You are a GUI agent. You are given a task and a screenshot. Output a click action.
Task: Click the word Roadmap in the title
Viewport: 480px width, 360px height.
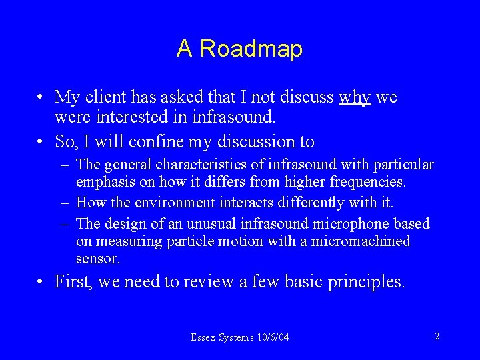tap(251, 49)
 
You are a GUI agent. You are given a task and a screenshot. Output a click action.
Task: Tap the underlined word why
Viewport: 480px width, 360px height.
tap(355, 98)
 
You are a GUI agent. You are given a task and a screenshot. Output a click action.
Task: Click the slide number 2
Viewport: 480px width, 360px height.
tap(437, 337)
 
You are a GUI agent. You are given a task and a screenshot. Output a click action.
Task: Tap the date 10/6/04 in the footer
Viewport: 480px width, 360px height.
tap(273, 337)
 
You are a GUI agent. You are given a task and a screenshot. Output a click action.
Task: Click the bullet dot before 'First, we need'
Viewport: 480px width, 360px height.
tap(41, 282)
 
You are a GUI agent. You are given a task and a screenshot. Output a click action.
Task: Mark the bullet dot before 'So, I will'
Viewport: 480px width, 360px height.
tap(41, 141)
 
